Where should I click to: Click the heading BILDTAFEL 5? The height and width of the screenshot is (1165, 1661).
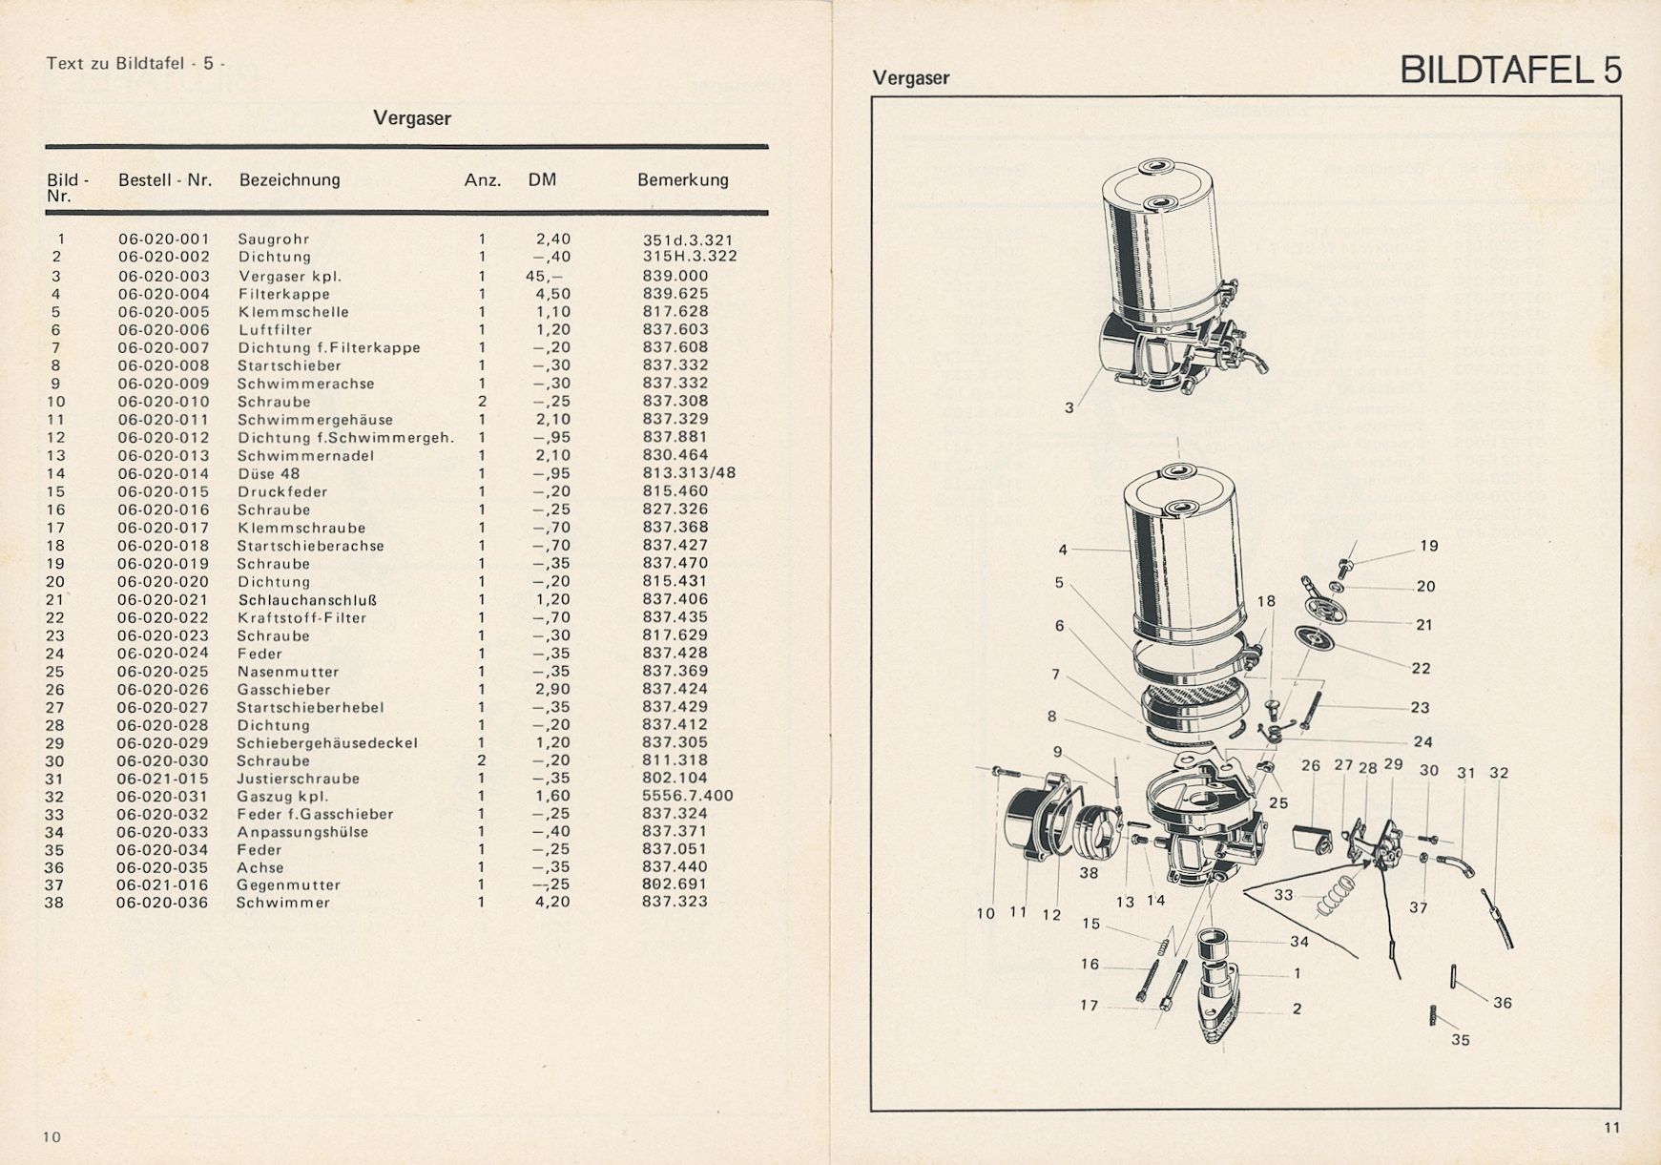(x=1510, y=71)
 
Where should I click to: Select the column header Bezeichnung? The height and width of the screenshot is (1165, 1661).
(x=289, y=179)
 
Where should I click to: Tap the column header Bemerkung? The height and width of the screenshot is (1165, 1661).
(x=683, y=179)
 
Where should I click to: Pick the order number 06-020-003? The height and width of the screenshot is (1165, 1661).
(x=164, y=276)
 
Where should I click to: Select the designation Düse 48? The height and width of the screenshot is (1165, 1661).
(x=269, y=473)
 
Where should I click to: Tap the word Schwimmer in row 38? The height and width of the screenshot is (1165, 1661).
(x=283, y=903)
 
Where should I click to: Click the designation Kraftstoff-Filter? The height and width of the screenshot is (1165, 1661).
(x=302, y=617)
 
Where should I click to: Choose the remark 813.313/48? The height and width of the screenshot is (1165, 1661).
(x=689, y=473)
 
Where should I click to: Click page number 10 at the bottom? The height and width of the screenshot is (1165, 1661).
(x=52, y=1136)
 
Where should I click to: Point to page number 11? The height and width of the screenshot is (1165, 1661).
(x=1611, y=1128)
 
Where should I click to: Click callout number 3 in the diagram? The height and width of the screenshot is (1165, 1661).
(x=1069, y=407)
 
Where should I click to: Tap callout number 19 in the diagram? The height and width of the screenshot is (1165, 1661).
(x=1429, y=546)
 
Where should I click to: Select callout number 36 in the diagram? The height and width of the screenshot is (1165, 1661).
(x=1503, y=1003)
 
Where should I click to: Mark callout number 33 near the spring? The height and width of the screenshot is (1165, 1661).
(x=1284, y=895)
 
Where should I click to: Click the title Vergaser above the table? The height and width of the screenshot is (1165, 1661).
(x=412, y=118)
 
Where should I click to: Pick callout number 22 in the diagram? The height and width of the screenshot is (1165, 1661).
(x=1422, y=668)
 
